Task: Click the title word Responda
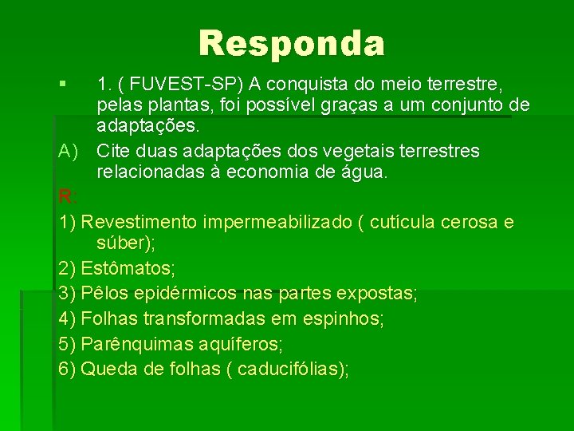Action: (292, 43)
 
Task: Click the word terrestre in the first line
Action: (473, 83)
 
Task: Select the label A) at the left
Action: (69, 151)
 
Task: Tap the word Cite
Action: (115, 151)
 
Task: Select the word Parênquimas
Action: (138, 344)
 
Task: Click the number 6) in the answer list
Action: (68, 369)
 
